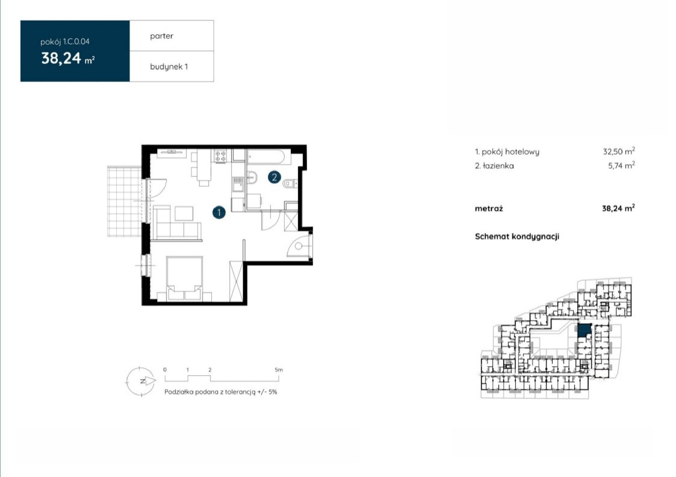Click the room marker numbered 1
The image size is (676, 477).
pyautogui.click(x=219, y=213)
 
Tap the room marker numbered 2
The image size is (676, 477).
pyautogui.click(x=274, y=177)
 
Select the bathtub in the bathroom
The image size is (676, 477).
pyautogui.click(x=266, y=157)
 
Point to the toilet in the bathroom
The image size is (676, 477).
pyautogui.click(x=290, y=183)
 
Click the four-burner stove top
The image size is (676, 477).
pyautogui.click(x=220, y=156)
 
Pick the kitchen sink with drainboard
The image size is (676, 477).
pyautogui.click(x=238, y=184)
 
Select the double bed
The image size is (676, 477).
pyautogui.click(x=184, y=278)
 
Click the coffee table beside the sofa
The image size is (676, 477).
pyautogui.click(x=184, y=214)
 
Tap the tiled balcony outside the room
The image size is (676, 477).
pyautogui.click(x=124, y=201)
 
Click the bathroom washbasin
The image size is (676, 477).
pyautogui.click(x=252, y=177)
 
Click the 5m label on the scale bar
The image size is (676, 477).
pyautogui.click(x=278, y=370)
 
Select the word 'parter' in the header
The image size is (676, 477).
pyautogui.click(x=162, y=36)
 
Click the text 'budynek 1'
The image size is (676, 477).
pyautogui.click(x=169, y=67)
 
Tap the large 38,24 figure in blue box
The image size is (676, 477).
pyautogui.click(x=61, y=59)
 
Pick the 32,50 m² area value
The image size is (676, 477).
pyautogui.click(x=619, y=151)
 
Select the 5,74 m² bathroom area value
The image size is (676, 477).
pyautogui.click(x=621, y=165)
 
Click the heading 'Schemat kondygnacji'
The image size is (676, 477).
pyautogui.click(x=517, y=237)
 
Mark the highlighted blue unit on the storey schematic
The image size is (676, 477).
pyautogui.click(x=584, y=331)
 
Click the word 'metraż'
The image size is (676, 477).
pyautogui.click(x=489, y=208)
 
